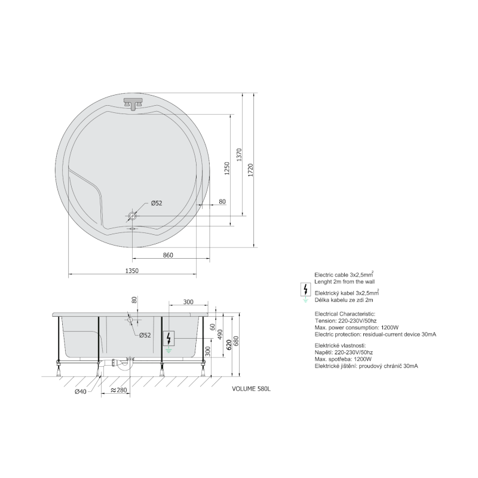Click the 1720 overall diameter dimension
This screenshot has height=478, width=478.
pos(251,170)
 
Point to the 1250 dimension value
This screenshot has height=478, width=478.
pos(227,169)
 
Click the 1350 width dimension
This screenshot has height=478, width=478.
pos(131,271)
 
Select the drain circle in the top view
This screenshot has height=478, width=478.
pos(132,215)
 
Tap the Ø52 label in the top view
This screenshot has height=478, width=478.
pos(156,203)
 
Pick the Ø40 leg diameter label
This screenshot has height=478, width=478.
pos(82,391)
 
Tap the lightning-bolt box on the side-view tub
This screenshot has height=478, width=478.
pos(170,338)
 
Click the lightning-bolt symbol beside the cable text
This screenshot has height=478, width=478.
pos(305,290)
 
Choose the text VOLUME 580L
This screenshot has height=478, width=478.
pos(251,388)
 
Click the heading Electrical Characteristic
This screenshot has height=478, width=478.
pos(345,313)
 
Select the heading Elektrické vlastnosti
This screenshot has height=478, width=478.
pos(341,345)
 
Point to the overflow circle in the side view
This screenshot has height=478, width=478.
pos(130,320)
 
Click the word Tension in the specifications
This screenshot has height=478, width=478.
pos(326,320)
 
